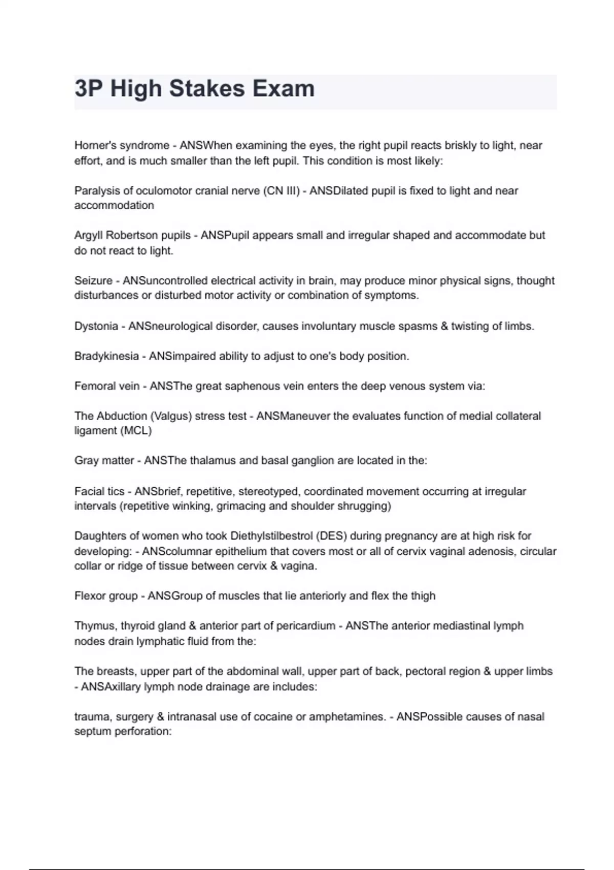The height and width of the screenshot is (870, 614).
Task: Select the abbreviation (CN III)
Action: click(281, 191)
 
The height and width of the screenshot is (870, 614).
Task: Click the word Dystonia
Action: click(96, 326)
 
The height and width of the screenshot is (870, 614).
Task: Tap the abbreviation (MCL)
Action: click(137, 431)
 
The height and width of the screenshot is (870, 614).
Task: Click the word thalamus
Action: click(212, 461)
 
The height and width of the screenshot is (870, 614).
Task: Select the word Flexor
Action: click(90, 596)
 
